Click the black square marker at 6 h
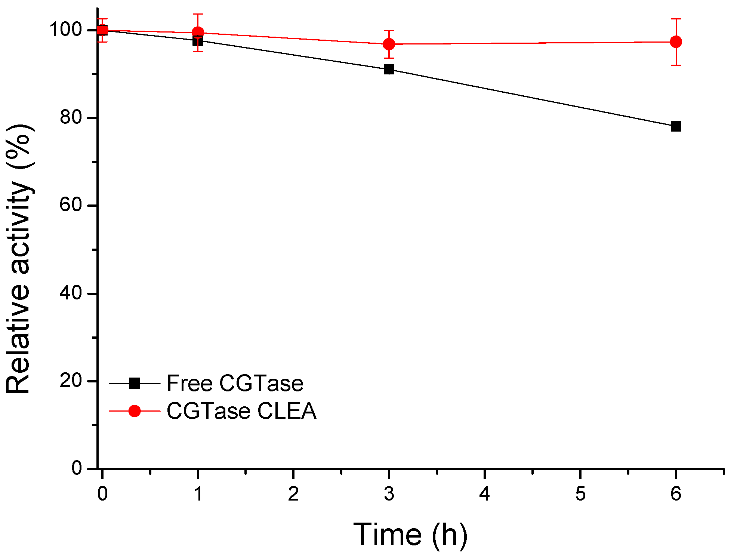[676, 126]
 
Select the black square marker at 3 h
[389, 69]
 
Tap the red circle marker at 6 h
[676, 41]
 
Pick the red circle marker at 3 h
[389, 44]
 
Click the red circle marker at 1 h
[198, 33]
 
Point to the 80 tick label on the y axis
[71, 118]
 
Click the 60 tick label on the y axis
[71, 205]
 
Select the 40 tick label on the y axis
[71, 293]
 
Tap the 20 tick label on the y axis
[71, 381]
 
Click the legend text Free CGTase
[235, 383]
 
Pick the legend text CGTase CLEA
[241, 411]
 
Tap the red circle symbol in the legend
[135, 411]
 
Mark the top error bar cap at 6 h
[676, 19]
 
